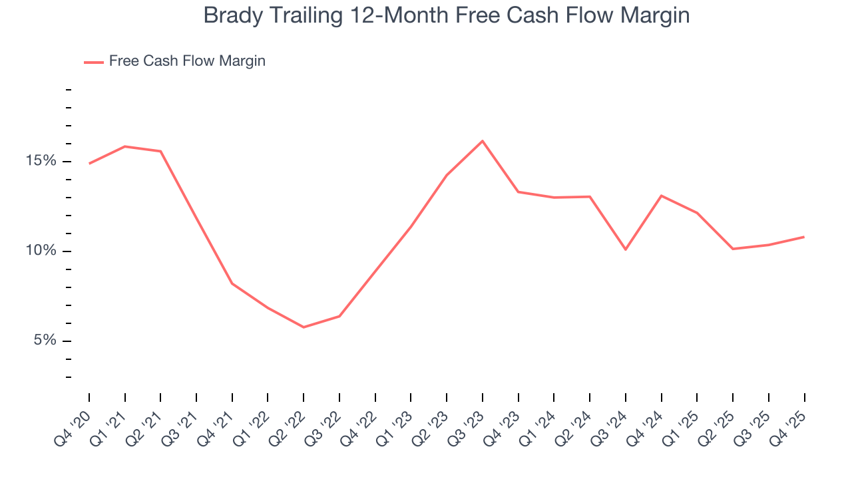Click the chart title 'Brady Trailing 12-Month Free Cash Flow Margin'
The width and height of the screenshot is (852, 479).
pos(446,15)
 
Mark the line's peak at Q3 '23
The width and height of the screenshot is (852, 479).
pos(483,141)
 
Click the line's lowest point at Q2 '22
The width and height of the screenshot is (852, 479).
pos(304,327)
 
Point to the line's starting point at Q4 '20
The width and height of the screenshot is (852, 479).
pos(89,164)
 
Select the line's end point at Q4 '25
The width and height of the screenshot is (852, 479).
pos(804,237)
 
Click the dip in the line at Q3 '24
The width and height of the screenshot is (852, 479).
pos(626,249)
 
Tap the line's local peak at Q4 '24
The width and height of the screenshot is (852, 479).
pos(661,196)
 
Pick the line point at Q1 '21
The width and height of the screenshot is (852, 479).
pos(125,146)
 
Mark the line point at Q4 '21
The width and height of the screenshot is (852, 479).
pos(232,283)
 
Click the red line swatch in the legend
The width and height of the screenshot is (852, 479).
pos(93,62)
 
